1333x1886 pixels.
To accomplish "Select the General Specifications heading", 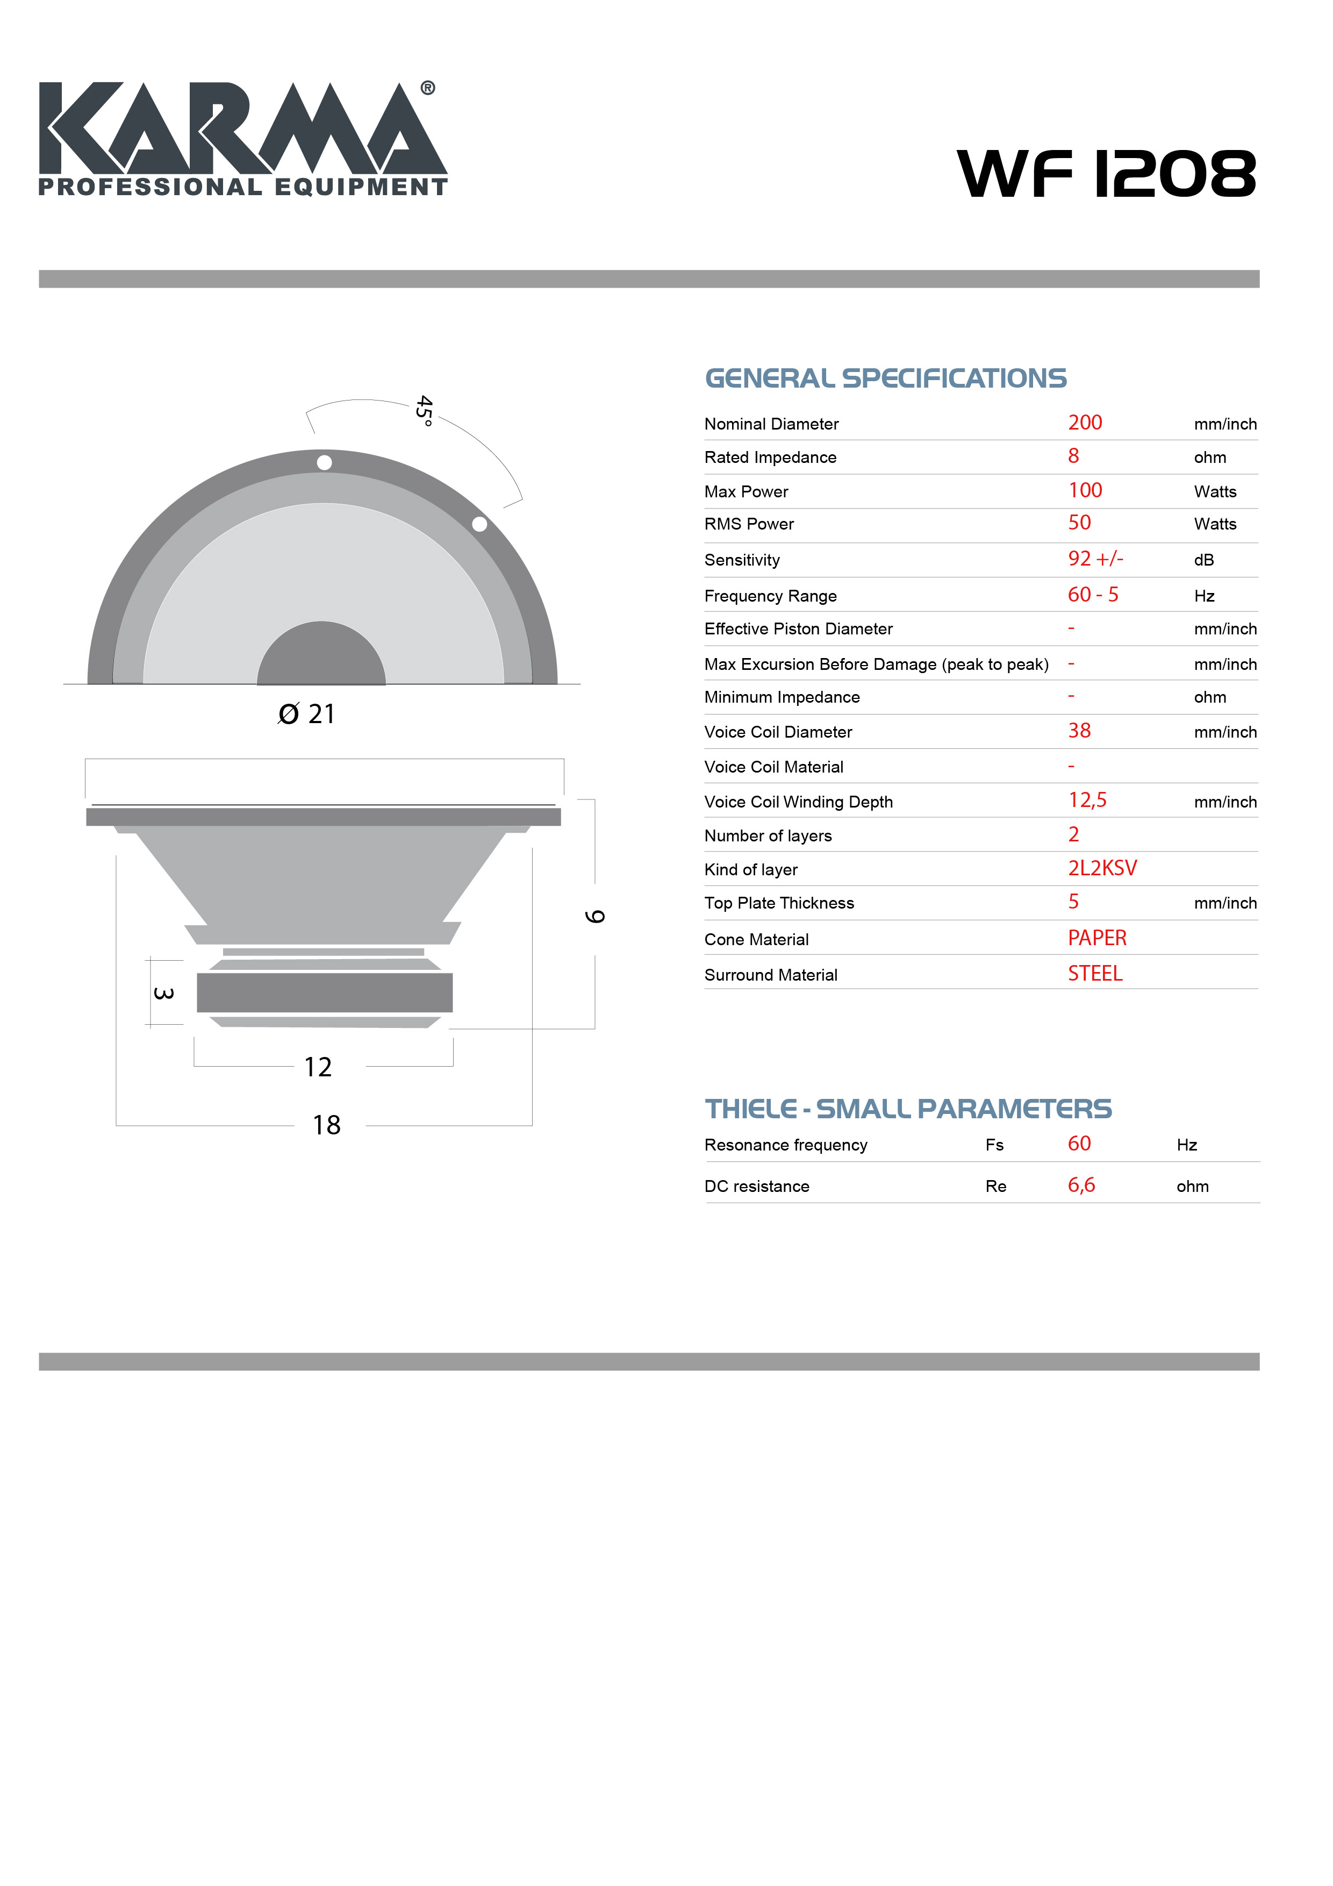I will point(885,378).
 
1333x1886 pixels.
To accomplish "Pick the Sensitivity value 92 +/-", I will point(1095,559).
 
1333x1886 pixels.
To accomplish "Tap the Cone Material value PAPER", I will point(1096,938).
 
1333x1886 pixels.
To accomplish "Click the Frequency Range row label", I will point(770,596).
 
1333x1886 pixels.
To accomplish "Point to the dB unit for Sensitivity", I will point(1203,560).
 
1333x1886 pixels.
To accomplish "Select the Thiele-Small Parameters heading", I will point(907,1109).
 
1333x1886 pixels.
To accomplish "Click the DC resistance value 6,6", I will point(1081,1185).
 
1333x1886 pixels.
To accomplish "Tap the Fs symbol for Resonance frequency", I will point(994,1145).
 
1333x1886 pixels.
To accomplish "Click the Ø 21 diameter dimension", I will point(306,714).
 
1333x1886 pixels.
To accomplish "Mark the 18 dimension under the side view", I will point(326,1125).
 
